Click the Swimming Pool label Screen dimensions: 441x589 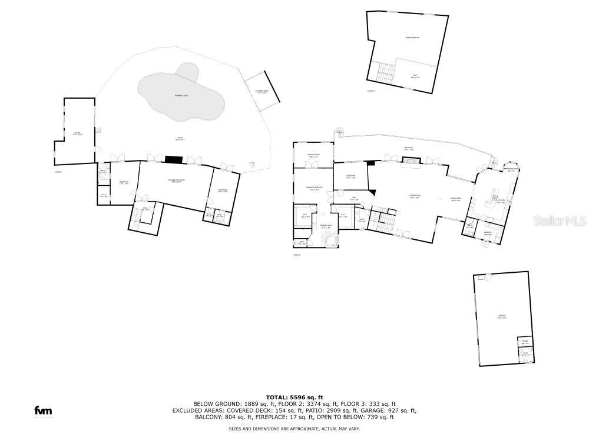pos(181,95)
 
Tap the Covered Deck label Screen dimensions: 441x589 pos(262,91)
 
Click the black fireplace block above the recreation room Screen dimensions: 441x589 pos(174,159)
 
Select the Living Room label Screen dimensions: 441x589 pos(415,196)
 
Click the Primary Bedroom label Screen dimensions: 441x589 pos(312,189)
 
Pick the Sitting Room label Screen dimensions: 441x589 pos(312,156)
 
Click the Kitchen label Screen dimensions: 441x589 pos(501,201)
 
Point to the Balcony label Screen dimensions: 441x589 pos(408,148)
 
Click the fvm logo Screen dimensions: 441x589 pos(42,410)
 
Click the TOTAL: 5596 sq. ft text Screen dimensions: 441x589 pos(295,397)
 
